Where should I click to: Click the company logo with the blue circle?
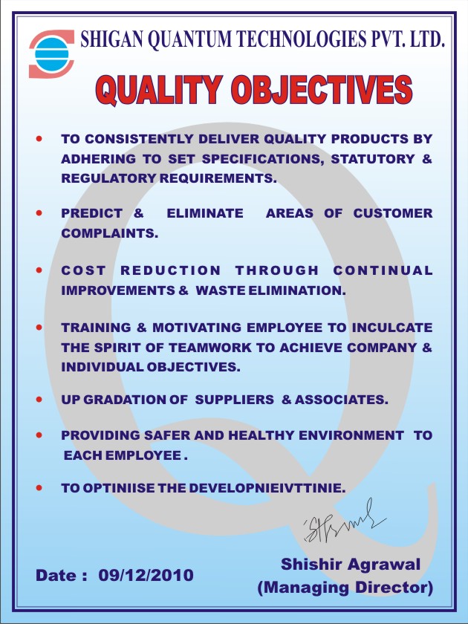pyautogui.click(x=51, y=53)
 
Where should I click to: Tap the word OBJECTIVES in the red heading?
pyautogui.click(x=322, y=91)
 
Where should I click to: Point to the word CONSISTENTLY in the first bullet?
pyautogui.click(x=137, y=139)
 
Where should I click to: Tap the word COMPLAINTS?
pyautogui.click(x=110, y=233)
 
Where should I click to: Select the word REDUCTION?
pyautogui.click(x=171, y=270)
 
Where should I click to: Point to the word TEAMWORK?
pyautogui.click(x=205, y=347)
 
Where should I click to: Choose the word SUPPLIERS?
pyautogui.click(x=235, y=400)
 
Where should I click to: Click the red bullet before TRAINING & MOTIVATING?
pyautogui.click(x=39, y=325)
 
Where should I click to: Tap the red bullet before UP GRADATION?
pyautogui.click(x=39, y=399)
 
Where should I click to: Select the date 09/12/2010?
pyautogui.click(x=146, y=575)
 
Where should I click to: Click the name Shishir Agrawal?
pyautogui.click(x=351, y=565)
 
